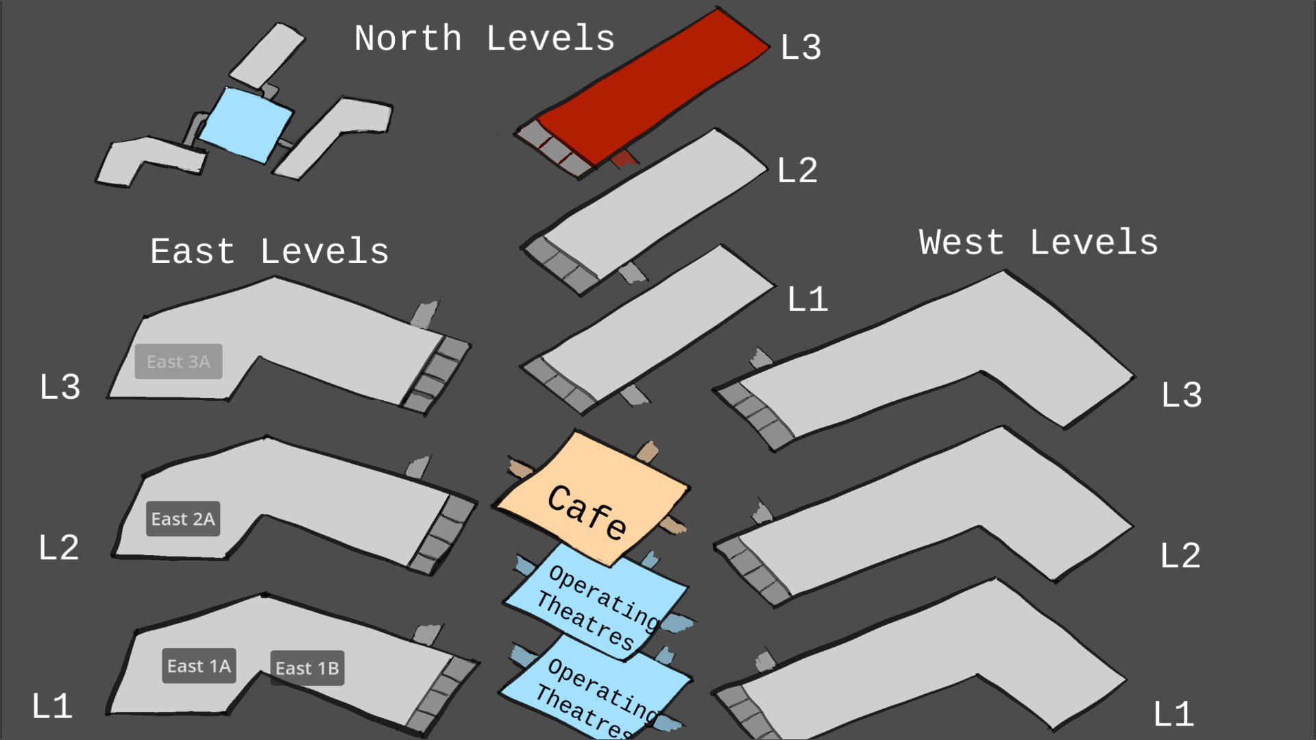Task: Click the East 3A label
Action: [x=178, y=362]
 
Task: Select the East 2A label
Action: [x=183, y=519]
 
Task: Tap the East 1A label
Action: [x=199, y=666]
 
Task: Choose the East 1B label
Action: [x=307, y=668]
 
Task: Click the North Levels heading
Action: [x=484, y=38]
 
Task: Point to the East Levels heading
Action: [x=269, y=251]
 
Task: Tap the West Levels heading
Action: [x=1038, y=243]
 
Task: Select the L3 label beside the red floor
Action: [x=801, y=48]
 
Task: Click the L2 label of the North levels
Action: [x=797, y=171]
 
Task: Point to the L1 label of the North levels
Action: [x=807, y=299]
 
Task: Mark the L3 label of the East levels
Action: [x=60, y=387]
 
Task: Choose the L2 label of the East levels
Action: [x=58, y=548]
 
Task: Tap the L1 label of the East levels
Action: [x=52, y=706]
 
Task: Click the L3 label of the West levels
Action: [x=1181, y=395]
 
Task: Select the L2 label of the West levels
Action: [x=1180, y=556]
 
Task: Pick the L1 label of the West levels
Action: [x=1173, y=715]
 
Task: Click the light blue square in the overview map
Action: [x=245, y=125]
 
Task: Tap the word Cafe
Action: [x=587, y=512]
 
